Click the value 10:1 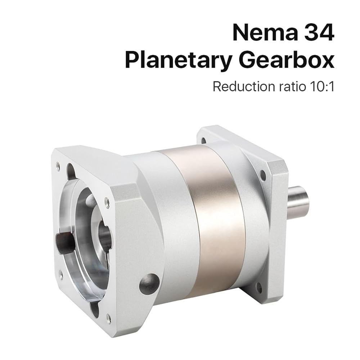[322, 87]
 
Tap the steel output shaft [298, 201]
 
